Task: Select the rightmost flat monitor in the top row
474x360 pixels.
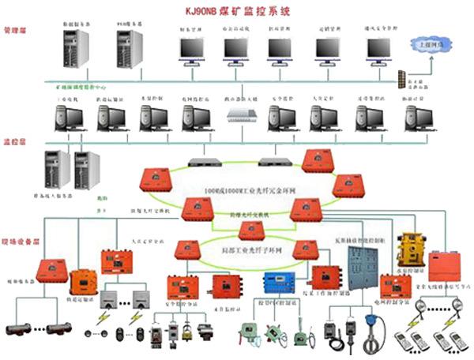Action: click(377, 50)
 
